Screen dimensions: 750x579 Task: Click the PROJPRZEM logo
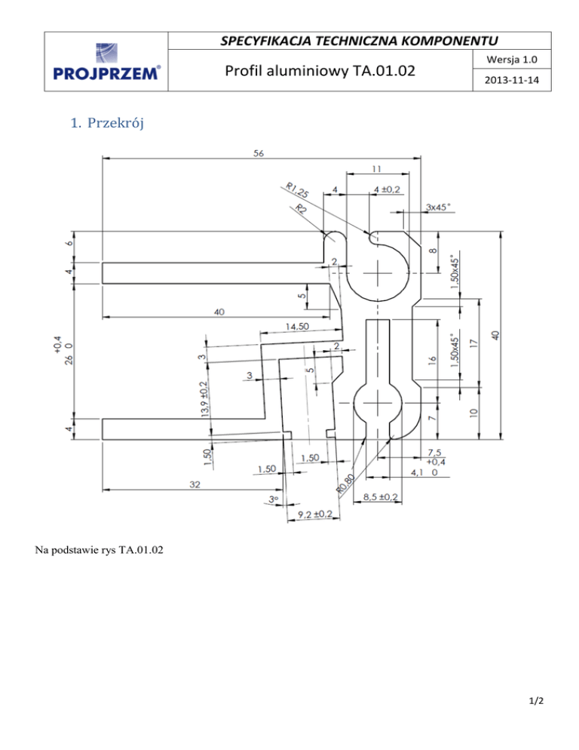click(x=105, y=63)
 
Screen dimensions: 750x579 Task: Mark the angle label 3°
click(x=274, y=499)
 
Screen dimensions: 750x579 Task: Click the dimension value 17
click(x=473, y=342)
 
